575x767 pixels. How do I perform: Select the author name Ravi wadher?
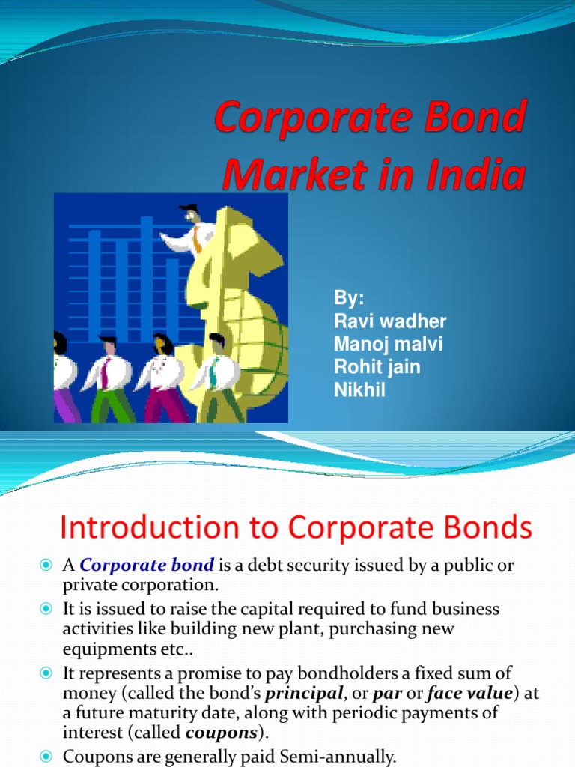pyautogui.click(x=389, y=321)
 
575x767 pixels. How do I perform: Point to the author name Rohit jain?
pyautogui.click(x=377, y=367)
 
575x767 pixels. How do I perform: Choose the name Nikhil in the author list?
pyautogui.click(x=359, y=389)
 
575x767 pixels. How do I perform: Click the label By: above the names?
pyautogui.click(x=349, y=298)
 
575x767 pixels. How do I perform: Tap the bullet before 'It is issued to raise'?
pyautogui.click(x=45, y=609)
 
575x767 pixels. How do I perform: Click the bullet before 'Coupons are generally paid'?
pyautogui.click(x=45, y=757)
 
